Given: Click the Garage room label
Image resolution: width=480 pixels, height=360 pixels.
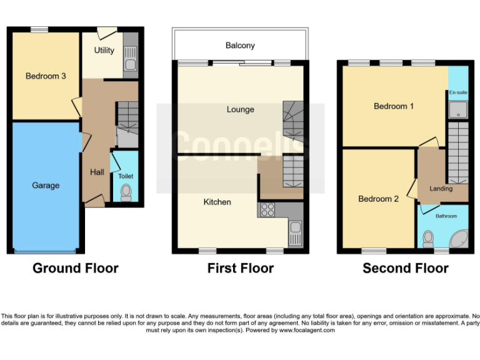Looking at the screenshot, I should pos(46,186).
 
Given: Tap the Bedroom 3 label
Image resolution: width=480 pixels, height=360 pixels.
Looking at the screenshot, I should pos(46,76).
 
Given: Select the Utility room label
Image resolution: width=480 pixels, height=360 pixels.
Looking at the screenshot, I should pos(104,50).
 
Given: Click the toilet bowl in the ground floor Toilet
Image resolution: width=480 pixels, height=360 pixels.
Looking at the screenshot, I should pos(126,191).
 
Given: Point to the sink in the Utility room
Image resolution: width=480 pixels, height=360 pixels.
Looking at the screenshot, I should pos(131,64).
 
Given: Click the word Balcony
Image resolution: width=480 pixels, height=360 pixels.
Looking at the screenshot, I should pos(241,46).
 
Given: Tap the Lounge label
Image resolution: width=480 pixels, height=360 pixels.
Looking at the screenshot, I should pos(241,109).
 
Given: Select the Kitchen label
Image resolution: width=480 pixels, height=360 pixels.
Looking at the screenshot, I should pos(217,202).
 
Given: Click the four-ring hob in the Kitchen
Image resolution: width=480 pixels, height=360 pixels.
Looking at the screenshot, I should pos(267,210).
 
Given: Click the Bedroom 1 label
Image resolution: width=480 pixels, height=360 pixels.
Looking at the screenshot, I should pos(394,106).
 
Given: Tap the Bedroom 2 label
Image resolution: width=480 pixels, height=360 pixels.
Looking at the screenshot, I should pos(378,199).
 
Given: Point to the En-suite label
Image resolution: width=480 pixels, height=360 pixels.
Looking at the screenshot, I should pos(457,92).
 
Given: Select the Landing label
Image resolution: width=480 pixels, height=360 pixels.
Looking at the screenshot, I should pos(442,188).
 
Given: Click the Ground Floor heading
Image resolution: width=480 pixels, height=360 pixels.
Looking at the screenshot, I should pos(75,269).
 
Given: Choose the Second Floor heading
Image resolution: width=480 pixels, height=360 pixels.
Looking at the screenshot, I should pos(406,269).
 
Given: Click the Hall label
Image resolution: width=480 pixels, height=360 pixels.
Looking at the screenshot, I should pos(97,172).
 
